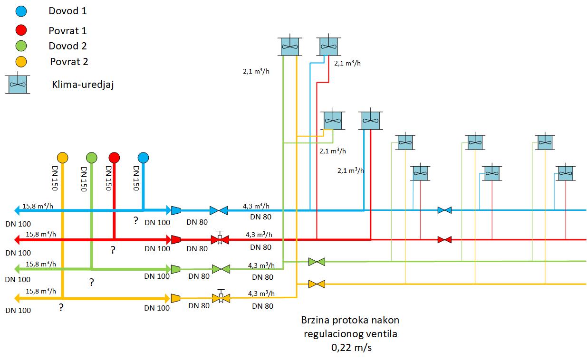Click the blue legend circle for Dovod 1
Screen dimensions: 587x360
[21, 11]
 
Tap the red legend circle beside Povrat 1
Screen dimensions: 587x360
[21, 30]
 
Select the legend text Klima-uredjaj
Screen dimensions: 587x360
[83, 85]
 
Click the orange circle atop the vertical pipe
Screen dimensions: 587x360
[63, 158]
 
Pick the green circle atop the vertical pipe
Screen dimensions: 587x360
[91, 158]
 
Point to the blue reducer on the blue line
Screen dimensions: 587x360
[176, 210]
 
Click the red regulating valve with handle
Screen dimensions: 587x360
[220, 238]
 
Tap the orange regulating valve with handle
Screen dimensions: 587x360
[221, 296]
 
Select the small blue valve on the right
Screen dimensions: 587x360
[444, 210]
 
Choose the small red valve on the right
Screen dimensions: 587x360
[444, 239]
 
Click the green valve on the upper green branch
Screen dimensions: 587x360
[317, 262]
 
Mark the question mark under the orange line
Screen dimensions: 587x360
[61, 307]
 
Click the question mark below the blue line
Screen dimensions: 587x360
[136, 220]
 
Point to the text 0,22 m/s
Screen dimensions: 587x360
[351, 348]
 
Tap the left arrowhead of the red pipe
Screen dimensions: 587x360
[17, 239]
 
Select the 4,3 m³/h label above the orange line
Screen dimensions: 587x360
[261, 293]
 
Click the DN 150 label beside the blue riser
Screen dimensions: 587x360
[136, 178]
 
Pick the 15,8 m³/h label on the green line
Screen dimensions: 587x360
[40, 264]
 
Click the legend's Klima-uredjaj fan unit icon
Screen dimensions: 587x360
[18, 83]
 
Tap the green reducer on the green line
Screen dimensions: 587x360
[175, 269]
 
